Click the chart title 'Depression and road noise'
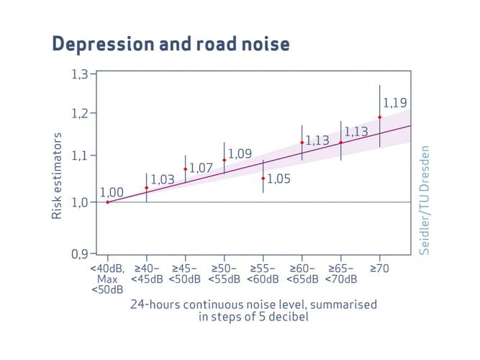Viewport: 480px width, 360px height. click(171, 44)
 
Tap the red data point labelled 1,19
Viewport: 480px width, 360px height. click(380, 117)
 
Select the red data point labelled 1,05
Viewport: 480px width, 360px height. click(263, 178)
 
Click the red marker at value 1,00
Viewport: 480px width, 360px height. click(108, 202)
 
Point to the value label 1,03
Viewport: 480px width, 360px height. click(163, 179)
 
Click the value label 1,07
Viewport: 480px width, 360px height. click(201, 168)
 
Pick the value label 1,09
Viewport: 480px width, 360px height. click(240, 153)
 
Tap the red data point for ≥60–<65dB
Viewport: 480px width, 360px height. click(302, 143)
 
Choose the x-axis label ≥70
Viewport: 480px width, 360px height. click(380, 269)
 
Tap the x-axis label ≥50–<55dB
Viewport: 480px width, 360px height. click(225, 274)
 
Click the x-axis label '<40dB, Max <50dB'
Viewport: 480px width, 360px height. click(108, 279)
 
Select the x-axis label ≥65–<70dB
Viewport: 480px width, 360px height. click(341, 274)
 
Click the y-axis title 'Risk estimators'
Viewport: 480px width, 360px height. click(57, 175)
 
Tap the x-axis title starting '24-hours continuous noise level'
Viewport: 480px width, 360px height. click(253, 310)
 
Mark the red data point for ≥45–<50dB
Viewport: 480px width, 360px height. click(186, 169)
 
